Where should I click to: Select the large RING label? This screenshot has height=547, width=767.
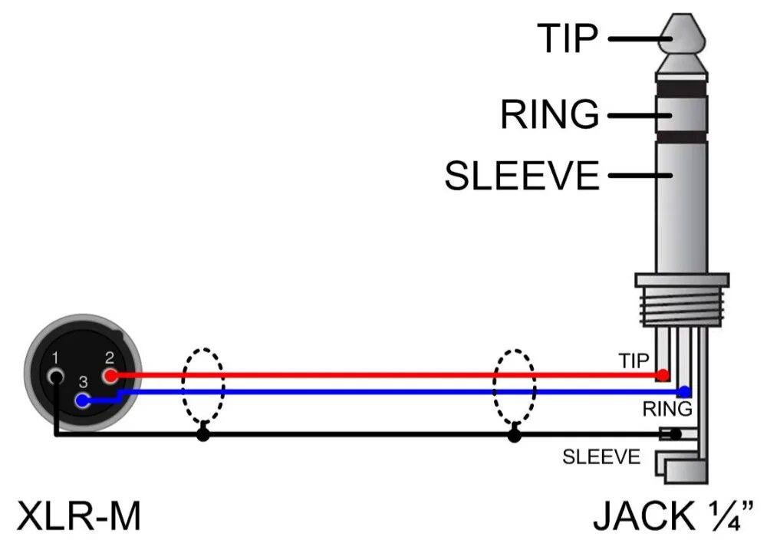[x=549, y=115]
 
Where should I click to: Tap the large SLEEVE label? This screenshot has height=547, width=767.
[x=522, y=176]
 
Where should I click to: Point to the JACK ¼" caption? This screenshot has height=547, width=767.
[x=673, y=516]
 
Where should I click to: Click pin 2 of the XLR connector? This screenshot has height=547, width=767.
[x=111, y=375]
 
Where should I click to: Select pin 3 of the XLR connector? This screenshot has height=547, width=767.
[x=83, y=400]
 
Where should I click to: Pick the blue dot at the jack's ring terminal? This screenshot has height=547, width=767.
[x=685, y=392]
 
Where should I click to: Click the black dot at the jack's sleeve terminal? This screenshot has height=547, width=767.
[x=675, y=435]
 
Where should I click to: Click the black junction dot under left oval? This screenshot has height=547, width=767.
[x=203, y=435]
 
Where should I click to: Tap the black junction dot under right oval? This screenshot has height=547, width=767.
[x=514, y=435]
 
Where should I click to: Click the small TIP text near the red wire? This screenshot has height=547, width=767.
[x=634, y=359]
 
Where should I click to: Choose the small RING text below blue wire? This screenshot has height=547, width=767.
[x=667, y=408]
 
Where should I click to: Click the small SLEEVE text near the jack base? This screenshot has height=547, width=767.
[x=601, y=458]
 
